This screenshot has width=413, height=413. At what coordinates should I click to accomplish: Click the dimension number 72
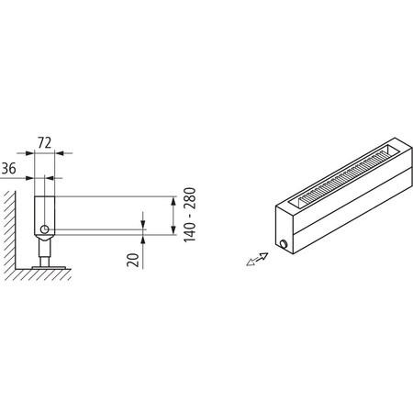click(x=43, y=142)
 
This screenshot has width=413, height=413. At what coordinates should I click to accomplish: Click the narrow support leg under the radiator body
click(x=43, y=249)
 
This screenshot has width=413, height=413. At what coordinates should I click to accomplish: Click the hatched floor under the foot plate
click(x=41, y=274)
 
